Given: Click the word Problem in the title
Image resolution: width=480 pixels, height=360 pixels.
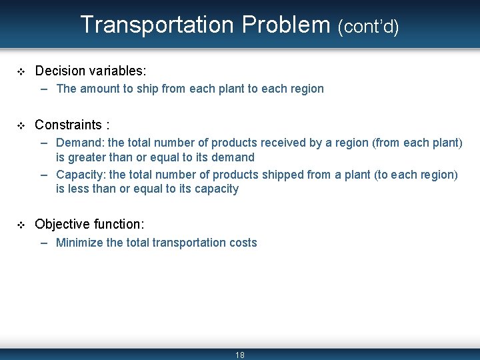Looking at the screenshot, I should [x=286, y=25].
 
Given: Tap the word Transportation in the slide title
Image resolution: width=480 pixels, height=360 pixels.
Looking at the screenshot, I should [x=157, y=25].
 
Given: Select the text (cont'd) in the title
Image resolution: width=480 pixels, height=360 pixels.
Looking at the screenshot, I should [x=368, y=26].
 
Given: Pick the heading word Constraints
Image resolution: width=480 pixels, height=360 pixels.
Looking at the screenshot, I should [x=69, y=125].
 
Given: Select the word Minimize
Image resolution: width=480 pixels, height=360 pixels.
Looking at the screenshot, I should [x=79, y=243].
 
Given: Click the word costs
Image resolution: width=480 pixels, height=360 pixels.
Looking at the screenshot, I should [x=243, y=243].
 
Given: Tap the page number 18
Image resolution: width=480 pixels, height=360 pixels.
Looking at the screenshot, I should [x=240, y=355].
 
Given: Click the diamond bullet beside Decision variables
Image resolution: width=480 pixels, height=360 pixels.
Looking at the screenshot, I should [x=20, y=71].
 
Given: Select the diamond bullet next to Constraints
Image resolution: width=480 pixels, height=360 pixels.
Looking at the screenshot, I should [x=20, y=125].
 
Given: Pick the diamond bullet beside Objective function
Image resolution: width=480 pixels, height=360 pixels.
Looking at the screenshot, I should [x=20, y=225].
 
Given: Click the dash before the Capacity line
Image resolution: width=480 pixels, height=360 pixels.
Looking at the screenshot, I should [x=44, y=175].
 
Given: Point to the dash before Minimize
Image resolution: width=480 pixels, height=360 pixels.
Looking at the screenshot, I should [x=44, y=243].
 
